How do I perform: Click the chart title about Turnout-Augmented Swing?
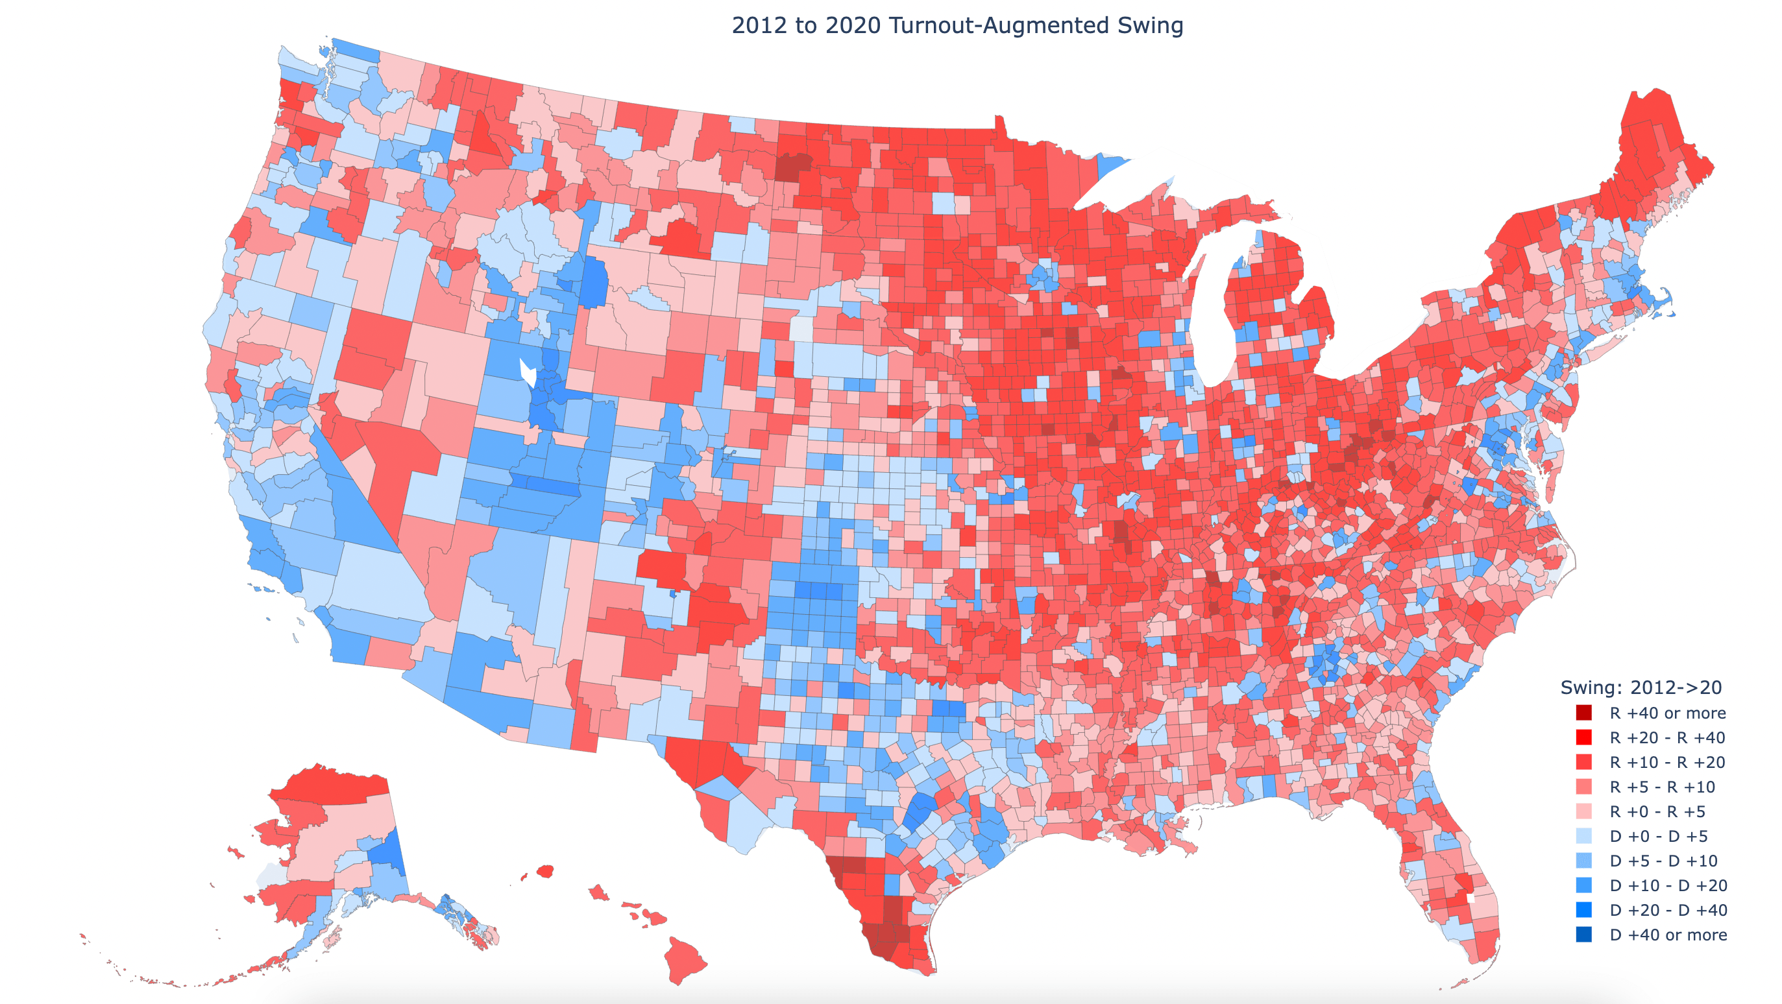point(957,25)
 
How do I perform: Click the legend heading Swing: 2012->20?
point(1641,688)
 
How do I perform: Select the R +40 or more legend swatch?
point(1583,713)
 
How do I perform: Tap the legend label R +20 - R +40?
point(1667,738)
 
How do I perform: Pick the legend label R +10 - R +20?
point(1667,763)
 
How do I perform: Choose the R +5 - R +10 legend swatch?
point(1583,787)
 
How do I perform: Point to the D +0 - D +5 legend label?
point(1658,837)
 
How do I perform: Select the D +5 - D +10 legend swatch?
point(1583,861)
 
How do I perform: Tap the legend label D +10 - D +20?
point(1668,886)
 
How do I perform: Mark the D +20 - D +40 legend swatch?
point(1583,911)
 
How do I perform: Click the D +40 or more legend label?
point(1668,935)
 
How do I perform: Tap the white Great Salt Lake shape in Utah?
point(528,372)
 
